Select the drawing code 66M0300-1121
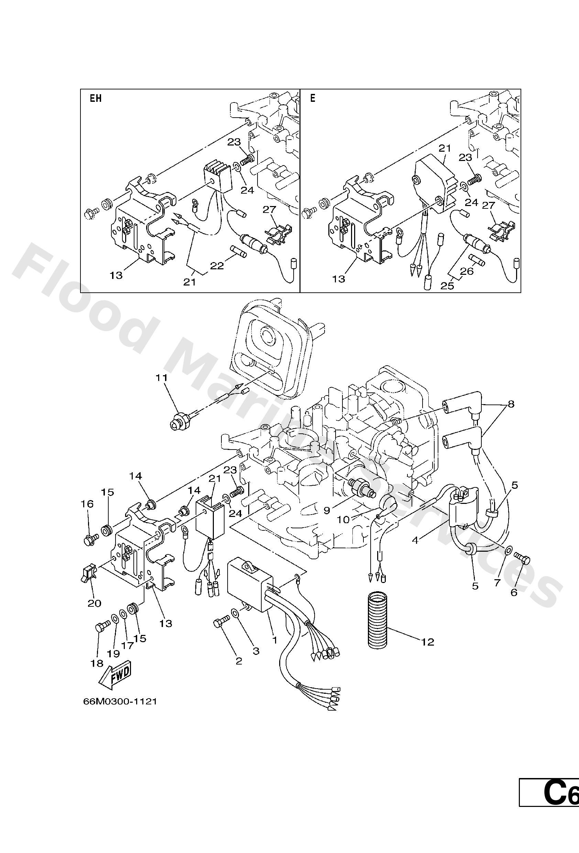[x=120, y=701]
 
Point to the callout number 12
[x=428, y=641]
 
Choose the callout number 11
[x=162, y=378]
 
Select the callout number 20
[x=94, y=603]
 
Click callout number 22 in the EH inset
[x=217, y=266]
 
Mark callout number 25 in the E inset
[x=447, y=285]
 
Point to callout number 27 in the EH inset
[x=269, y=209]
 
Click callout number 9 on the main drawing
[x=327, y=510]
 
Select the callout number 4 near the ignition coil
[x=415, y=540]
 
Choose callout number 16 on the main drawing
[x=87, y=504]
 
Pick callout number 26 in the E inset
[x=467, y=271]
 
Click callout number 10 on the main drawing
[x=344, y=520]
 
